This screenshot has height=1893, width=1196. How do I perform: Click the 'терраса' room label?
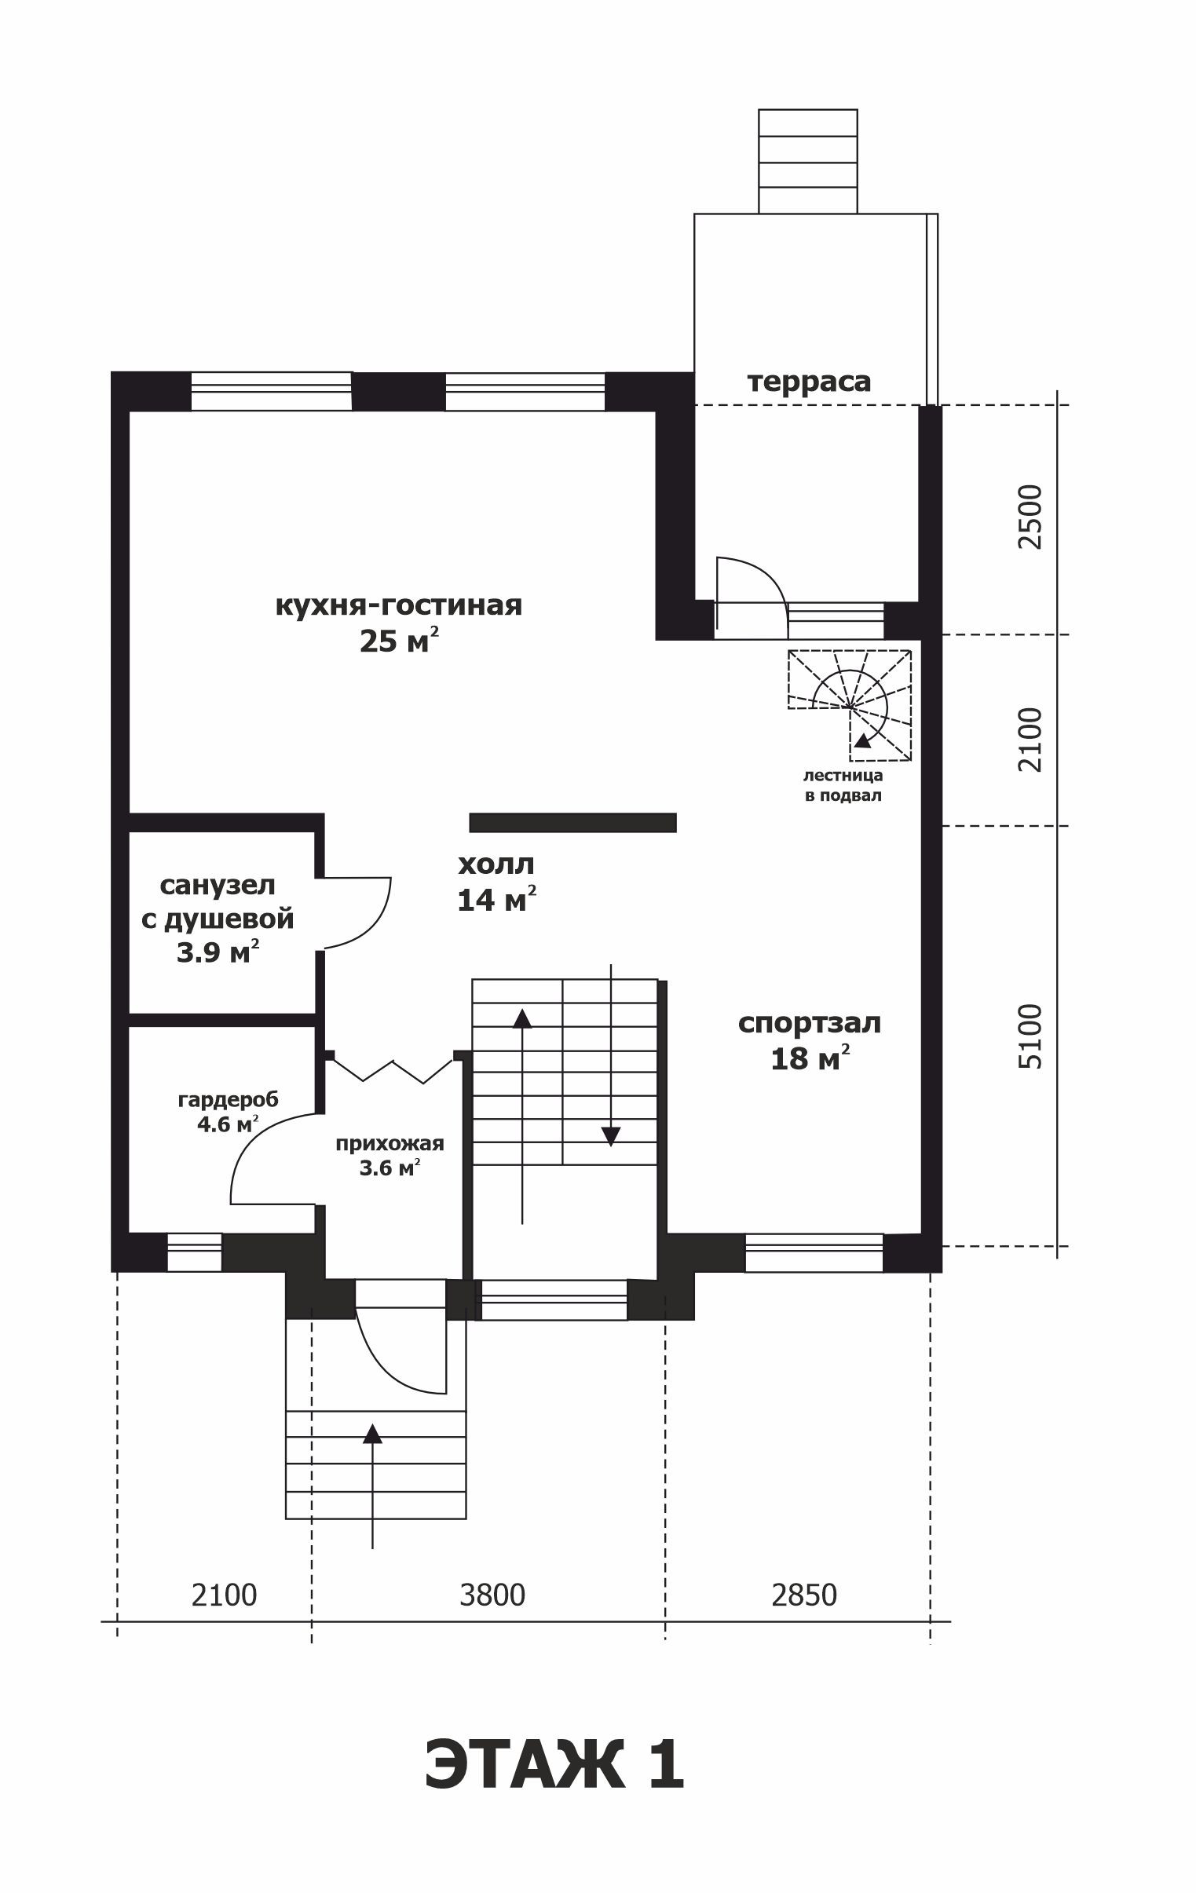coord(808,382)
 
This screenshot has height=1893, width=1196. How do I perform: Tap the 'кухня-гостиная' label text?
coord(399,605)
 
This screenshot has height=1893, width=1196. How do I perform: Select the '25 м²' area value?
coord(399,641)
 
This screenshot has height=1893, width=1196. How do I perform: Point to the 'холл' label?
coord(496,864)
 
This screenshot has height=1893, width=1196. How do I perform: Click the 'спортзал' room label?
coord(809,1023)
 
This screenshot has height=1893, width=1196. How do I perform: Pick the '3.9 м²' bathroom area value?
coord(217,953)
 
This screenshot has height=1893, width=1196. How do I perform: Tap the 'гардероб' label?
coord(228,1100)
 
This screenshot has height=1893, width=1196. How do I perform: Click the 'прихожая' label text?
coord(390,1144)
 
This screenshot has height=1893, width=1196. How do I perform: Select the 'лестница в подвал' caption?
coord(843,785)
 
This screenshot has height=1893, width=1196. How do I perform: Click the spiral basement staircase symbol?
coord(850,705)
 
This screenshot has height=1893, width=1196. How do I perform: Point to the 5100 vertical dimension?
coord(1030,1036)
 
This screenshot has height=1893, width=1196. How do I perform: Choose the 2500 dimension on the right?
coord(1030,517)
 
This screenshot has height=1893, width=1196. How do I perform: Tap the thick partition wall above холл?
coord(572,822)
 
